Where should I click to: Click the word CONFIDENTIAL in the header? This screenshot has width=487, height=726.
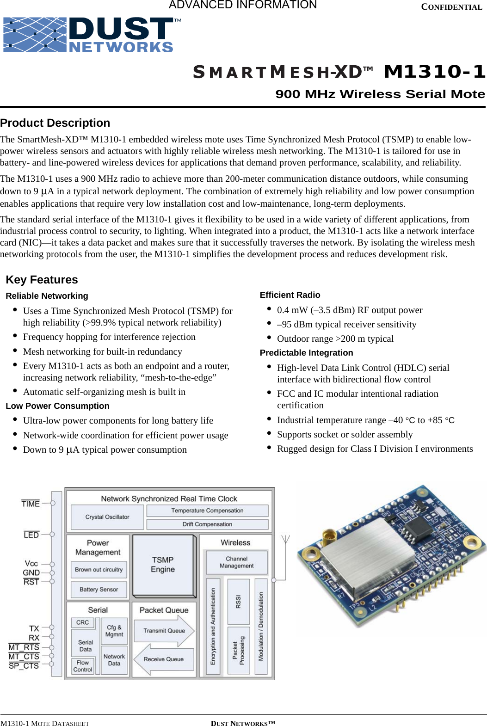pyautogui.click(x=451, y=7)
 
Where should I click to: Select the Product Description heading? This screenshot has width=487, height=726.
pyautogui.click(x=55, y=123)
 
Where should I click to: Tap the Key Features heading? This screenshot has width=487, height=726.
pyautogui.click(x=42, y=280)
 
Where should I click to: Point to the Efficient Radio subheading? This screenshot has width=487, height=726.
pyautogui.click(x=290, y=295)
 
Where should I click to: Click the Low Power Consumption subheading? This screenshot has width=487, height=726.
pyautogui.click(x=57, y=406)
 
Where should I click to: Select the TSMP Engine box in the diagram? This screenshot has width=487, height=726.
pyautogui.click(x=163, y=565)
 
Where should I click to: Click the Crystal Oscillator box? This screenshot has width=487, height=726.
pyautogui.click(x=107, y=517)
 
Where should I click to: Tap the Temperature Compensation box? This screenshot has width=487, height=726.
pyautogui.click(x=207, y=511)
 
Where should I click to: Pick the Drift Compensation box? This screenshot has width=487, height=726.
pyautogui.click(x=207, y=524)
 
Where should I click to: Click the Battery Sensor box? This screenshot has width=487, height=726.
pyautogui.click(x=99, y=590)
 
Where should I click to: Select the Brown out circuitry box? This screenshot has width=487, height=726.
pyautogui.click(x=99, y=570)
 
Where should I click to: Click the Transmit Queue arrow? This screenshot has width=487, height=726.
pyautogui.click(x=164, y=631)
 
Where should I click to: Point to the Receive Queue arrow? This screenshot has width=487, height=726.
pyautogui.click(x=163, y=659)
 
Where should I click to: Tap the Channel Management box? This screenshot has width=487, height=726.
pyautogui.click(x=236, y=562)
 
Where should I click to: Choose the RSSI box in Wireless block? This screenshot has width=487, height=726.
pyautogui.click(x=239, y=601)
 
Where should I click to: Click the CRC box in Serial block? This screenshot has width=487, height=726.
pyautogui.click(x=82, y=622)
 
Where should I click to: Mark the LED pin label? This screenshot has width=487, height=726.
pyautogui.click(x=31, y=535)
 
